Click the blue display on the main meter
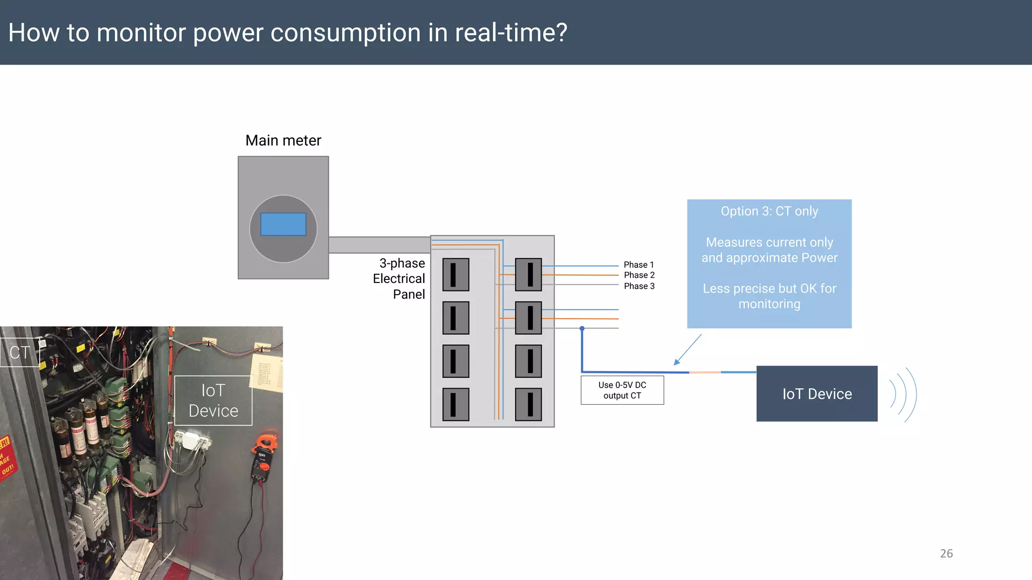click(283, 224)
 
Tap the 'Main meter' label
click(283, 140)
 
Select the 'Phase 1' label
click(638, 265)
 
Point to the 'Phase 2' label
click(639, 275)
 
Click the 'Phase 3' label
click(639, 286)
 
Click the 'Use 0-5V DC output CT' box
click(622, 390)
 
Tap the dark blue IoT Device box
click(816, 394)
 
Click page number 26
click(946, 553)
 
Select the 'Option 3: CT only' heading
click(769, 211)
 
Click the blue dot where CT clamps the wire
click(582, 328)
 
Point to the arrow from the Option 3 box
click(687, 350)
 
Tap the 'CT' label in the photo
click(20, 352)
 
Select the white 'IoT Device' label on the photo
click(213, 401)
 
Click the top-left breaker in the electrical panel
click(456, 274)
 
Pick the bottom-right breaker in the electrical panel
click(528, 404)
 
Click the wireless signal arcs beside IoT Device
click(904, 394)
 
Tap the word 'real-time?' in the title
click(511, 33)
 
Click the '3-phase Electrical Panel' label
click(399, 278)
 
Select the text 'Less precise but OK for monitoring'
click(769, 296)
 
